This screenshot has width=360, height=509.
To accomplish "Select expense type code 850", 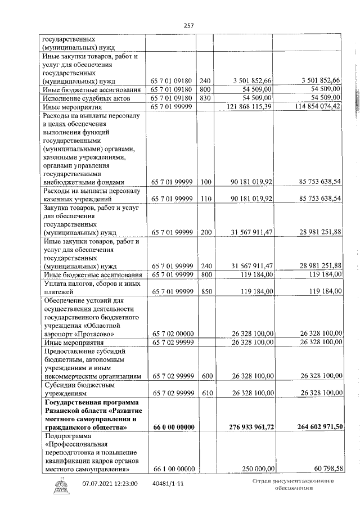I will [x=205, y=291].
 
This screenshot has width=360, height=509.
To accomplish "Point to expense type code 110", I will [x=205, y=199].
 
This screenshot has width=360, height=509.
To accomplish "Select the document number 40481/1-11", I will [x=167, y=483].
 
